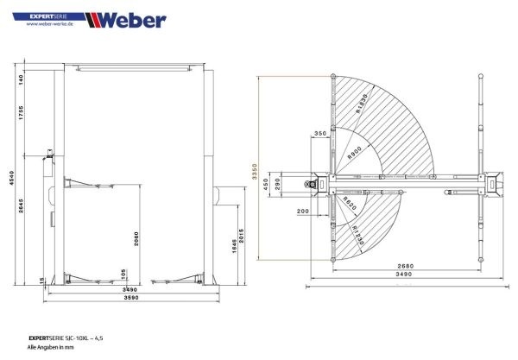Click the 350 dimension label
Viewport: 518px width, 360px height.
point(320,134)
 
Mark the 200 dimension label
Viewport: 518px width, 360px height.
point(301,211)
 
